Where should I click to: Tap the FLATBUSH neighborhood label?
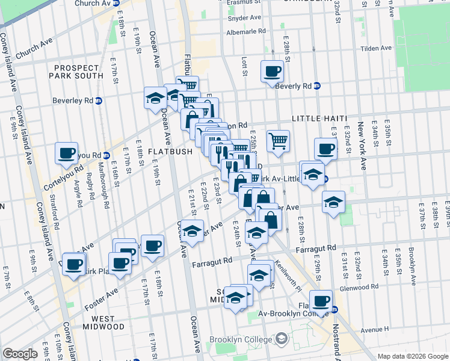click(170, 152)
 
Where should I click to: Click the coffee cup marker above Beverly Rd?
click(272, 72)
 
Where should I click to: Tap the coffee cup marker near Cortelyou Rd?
click(67, 152)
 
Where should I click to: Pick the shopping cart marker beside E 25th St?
click(278, 141)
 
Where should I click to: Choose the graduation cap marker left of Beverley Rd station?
click(155, 97)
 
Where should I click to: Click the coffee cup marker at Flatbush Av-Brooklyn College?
click(321, 300)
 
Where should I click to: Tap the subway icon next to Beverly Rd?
click(316, 85)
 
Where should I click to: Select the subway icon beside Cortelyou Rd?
click(105, 155)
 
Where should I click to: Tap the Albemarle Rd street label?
click(246, 31)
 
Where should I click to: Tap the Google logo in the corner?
click(20, 354)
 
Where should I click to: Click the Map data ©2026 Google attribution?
click(412, 356)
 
